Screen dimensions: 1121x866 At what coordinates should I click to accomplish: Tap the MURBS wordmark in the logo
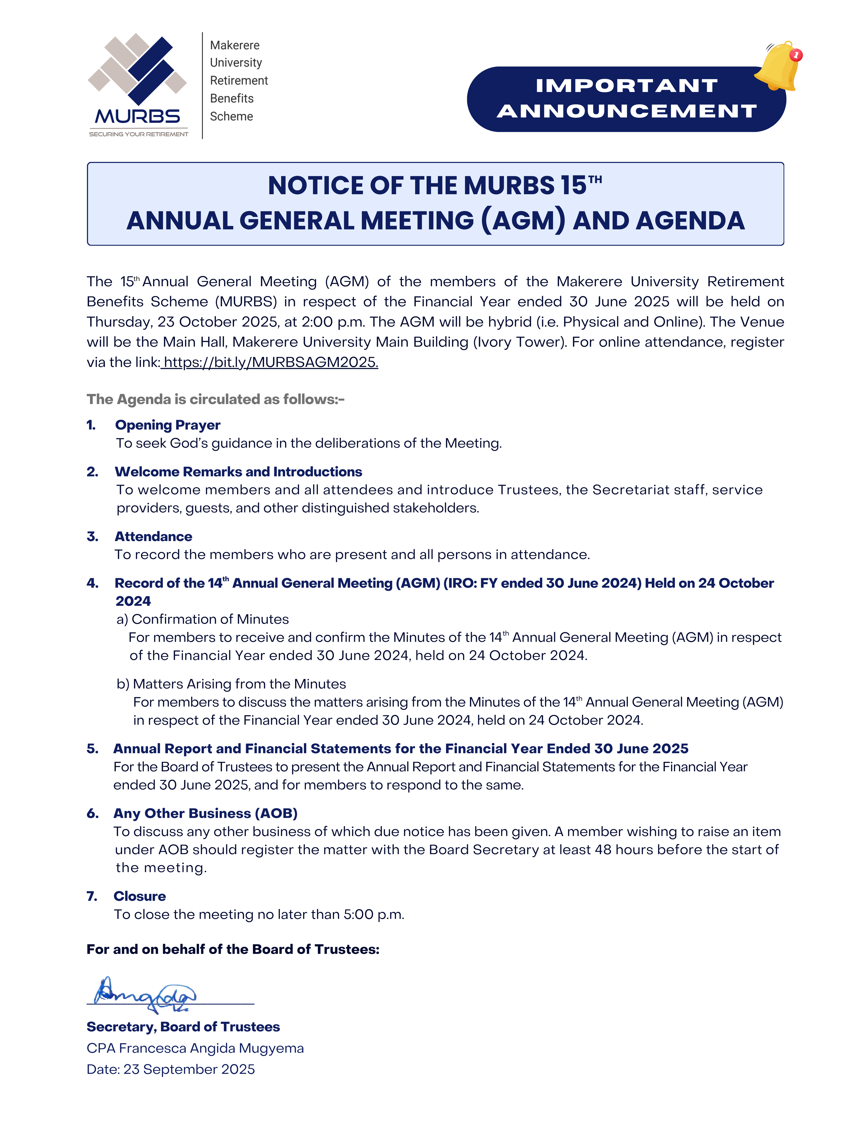(x=138, y=117)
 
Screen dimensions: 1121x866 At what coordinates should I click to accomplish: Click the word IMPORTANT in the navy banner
(x=626, y=86)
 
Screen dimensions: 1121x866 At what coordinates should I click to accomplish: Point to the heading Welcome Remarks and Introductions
(x=238, y=472)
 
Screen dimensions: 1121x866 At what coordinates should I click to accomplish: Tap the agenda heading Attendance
(x=154, y=536)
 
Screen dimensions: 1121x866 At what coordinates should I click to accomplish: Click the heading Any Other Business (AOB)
(x=205, y=813)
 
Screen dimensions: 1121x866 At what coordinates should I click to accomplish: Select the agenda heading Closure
(x=140, y=896)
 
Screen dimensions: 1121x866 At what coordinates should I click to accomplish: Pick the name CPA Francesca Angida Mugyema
(x=195, y=1048)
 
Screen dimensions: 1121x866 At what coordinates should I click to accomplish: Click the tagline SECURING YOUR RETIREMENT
(x=139, y=135)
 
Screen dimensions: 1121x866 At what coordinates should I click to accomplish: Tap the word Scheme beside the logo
(x=232, y=117)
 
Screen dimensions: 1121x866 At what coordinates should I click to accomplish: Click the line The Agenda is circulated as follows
(x=216, y=399)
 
